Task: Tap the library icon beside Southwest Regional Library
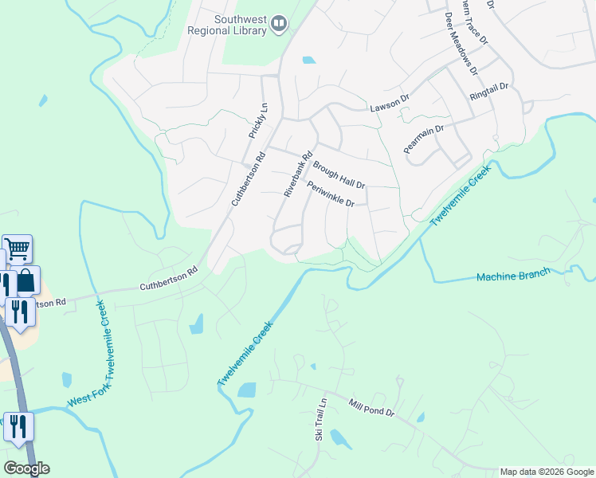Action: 279,25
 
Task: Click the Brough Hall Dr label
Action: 339,174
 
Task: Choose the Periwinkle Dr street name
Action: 330,194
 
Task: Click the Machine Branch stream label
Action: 513,276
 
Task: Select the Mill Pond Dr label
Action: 371,409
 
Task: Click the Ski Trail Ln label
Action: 320,420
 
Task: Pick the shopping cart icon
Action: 17,249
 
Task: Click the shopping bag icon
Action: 25,280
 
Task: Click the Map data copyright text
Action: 547,472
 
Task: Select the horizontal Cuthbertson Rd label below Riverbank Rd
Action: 168,279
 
